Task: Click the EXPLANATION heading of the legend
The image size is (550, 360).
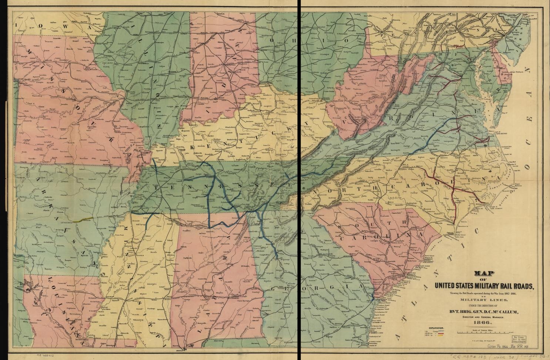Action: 437,329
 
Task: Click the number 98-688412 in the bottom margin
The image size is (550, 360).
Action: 45,355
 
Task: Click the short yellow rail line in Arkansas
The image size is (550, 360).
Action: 82,219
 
